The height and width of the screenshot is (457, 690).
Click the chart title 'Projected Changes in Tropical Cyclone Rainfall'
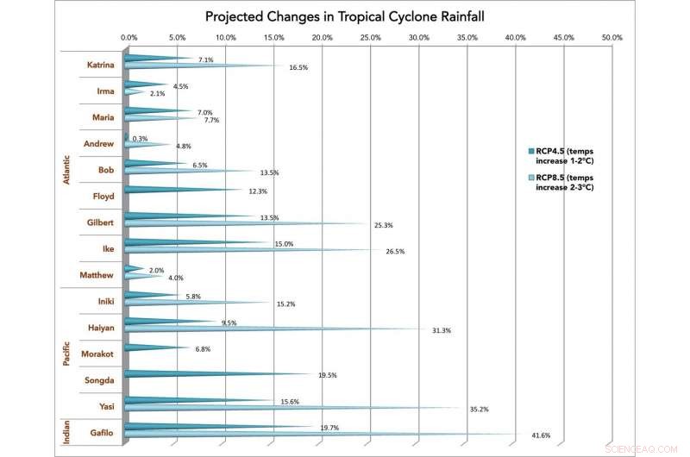tap(345, 16)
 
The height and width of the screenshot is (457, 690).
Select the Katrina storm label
tap(101, 65)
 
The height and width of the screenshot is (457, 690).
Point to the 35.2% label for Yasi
tap(478, 410)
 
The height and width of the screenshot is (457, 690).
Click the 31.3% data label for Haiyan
tap(441, 330)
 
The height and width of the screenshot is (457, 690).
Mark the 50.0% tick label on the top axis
tap(611, 38)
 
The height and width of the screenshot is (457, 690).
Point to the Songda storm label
tap(101, 380)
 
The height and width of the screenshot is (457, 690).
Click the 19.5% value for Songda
tap(327, 375)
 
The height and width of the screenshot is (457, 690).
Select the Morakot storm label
tap(98, 354)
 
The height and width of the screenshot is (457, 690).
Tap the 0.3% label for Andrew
tap(140, 138)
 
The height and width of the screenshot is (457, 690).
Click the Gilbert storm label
tap(100, 222)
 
